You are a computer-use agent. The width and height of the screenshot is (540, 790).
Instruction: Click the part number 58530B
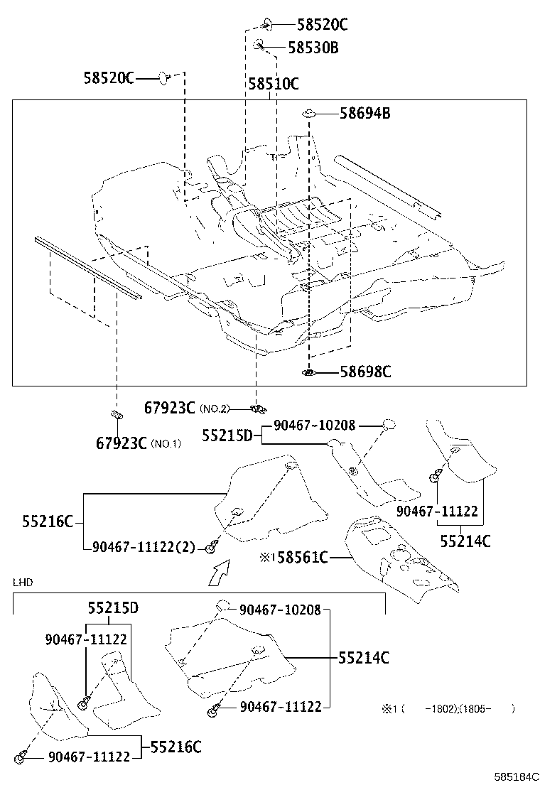pos(313,48)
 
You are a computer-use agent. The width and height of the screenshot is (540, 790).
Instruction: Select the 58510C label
pos(273,84)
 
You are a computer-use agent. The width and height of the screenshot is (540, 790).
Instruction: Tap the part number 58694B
pos(364,113)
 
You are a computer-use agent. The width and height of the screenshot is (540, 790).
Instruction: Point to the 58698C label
pos(365,372)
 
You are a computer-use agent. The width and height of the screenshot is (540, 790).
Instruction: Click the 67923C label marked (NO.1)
pos(121,443)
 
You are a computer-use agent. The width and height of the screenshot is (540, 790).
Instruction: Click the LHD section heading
pos(23,583)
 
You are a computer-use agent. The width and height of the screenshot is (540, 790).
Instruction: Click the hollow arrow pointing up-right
pos(220,571)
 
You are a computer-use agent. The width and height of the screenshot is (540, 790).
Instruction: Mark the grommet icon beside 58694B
pos(310,113)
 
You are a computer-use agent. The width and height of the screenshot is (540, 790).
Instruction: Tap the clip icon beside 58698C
pos(309,372)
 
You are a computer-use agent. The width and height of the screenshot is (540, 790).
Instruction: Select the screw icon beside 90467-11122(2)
pos(211,547)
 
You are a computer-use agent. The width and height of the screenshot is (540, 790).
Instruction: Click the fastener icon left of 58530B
pos(259,46)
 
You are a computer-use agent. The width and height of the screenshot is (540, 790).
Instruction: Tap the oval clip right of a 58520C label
pos(164,77)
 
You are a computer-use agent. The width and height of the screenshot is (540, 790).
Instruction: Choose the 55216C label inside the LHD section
pos(175,747)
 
